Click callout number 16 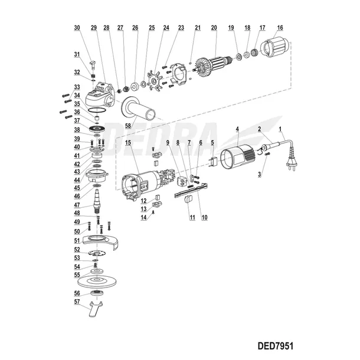[x=279, y=28]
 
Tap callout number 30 [x=77, y=28]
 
